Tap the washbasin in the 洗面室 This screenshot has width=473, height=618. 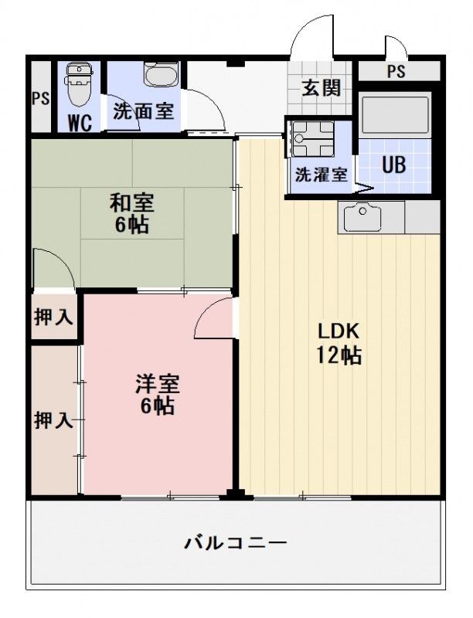click(x=162, y=74)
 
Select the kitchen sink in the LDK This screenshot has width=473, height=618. click(x=362, y=217)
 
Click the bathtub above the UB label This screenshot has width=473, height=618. click(x=396, y=114)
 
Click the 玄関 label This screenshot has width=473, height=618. click(x=322, y=87)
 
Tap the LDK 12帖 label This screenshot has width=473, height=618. click(x=339, y=343)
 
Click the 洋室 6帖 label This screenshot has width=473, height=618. click(x=157, y=394)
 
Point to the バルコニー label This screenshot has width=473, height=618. click(x=236, y=544)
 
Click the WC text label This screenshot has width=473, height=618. click(x=80, y=123)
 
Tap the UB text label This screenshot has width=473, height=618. click(x=393, y=165)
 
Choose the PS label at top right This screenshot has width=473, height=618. click(x=396, y=72)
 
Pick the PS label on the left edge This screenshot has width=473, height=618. click(x=41, y=98)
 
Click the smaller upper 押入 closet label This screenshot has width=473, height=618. click(x=53, y=317)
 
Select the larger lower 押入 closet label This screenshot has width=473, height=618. click(x=53, y=420)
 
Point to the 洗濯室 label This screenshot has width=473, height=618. click(x=322, y=175)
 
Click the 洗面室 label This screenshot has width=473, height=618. click(x=144, y=110)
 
